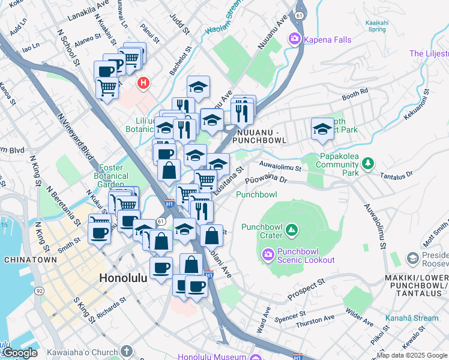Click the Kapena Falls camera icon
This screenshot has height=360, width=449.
(295, 40)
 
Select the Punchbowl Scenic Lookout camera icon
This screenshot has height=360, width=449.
(268, 256)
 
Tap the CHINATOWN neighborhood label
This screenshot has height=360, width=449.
(30, 260)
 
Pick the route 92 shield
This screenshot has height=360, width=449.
(40, 291)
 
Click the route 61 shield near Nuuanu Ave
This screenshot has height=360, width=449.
(298, 13)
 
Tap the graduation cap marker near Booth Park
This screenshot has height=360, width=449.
(322, 129)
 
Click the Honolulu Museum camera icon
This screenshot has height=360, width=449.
(256, 358)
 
